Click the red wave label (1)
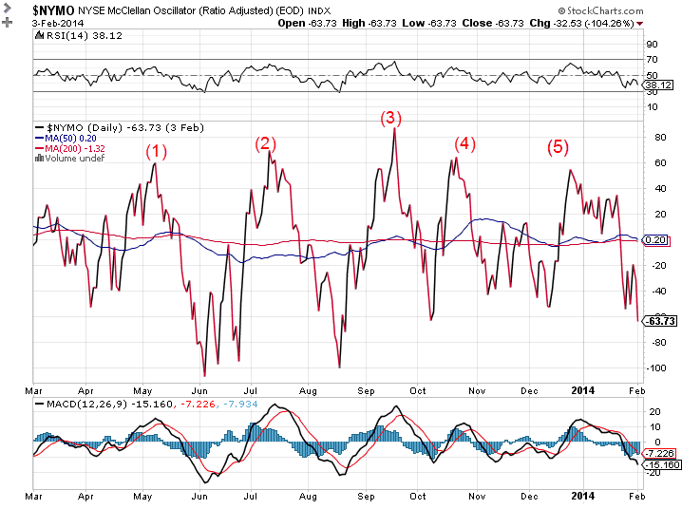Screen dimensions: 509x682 [156, 151]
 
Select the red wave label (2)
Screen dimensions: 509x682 [265, 143]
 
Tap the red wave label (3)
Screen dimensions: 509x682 [391, 118]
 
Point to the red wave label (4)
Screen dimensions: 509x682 [464, 143]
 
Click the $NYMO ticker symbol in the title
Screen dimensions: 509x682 [54, 9]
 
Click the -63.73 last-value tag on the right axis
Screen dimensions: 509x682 [658, 321]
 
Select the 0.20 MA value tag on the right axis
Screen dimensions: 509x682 [654, 240]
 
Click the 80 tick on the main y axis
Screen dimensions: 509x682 [651, 137]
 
